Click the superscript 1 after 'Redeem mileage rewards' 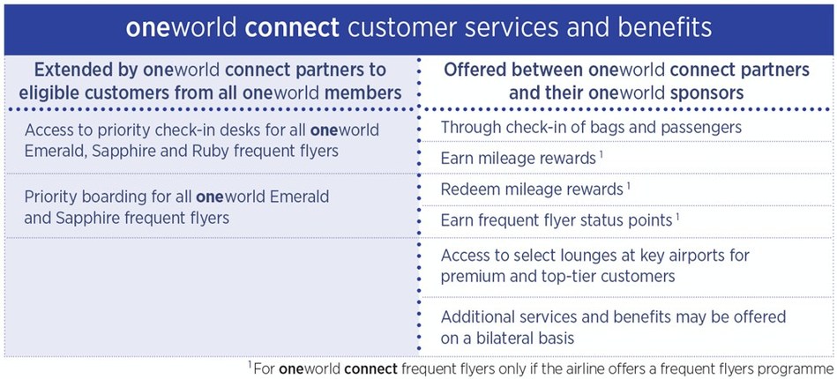pos(628,186)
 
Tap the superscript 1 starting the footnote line pos(250,365)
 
